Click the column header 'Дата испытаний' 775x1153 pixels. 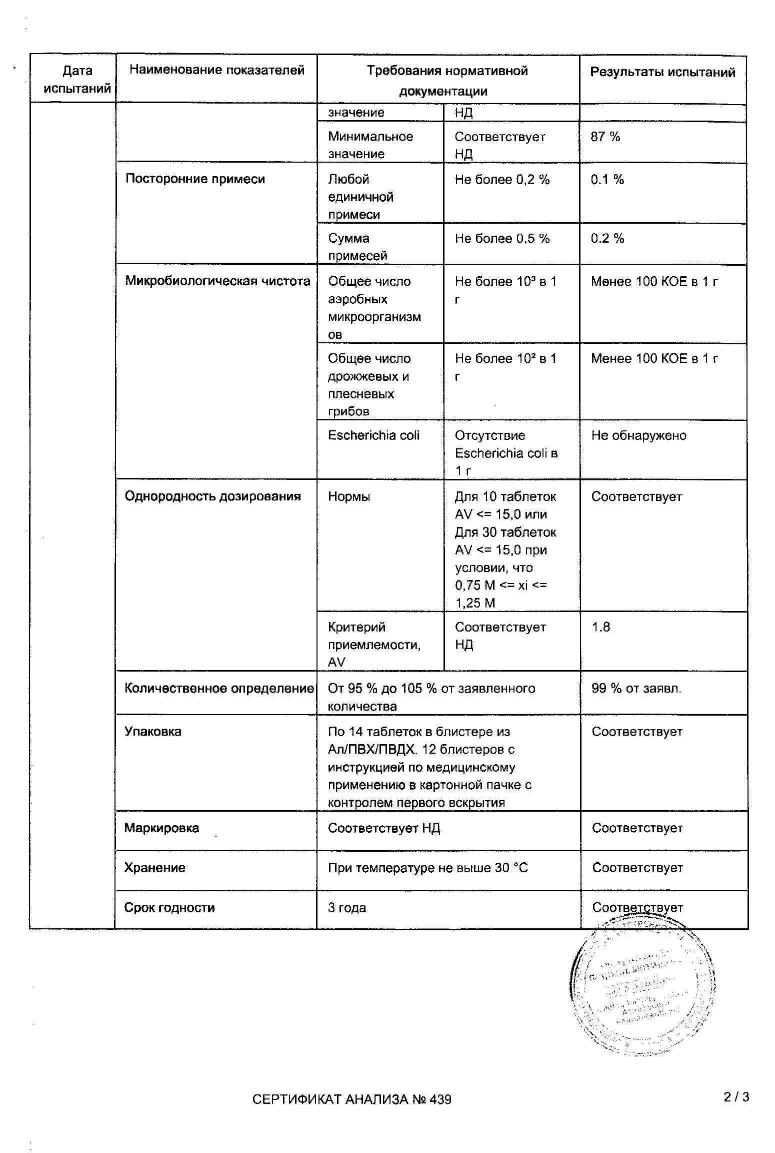click(77, 80)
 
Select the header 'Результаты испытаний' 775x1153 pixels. click(662, 73)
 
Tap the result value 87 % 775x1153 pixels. click(605, 137)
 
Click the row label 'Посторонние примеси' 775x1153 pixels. click(195, 179)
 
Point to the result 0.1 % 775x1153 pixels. click(607, 180)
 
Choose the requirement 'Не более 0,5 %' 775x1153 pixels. click(502, 239)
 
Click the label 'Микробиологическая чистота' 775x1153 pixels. click(217, 281)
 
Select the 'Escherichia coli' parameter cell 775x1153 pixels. click(373, 435)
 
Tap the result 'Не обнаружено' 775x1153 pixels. click(638, 435)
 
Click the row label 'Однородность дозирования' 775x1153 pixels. click(212, 496)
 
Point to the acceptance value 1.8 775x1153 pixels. click(600, 627)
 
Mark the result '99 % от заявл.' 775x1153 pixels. click(636, 689)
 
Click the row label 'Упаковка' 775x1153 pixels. click(152, 732)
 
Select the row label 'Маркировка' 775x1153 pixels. click(161, 828)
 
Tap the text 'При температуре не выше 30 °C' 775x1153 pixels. click(427, 868)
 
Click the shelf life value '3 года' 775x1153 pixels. click(347, 908)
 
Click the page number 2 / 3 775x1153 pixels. click(736, 1097)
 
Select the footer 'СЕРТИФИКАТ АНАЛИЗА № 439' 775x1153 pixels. click(351, 1099)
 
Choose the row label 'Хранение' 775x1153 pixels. click(154, 868)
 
